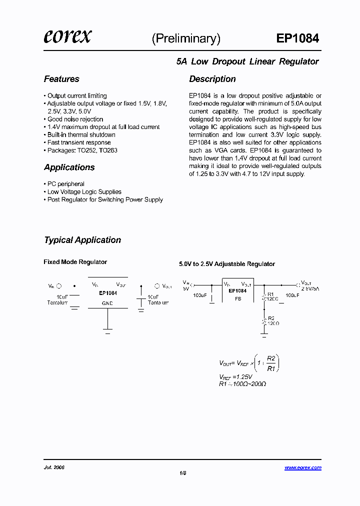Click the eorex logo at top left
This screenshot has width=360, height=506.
coord(67,37)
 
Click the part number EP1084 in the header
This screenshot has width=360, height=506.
coord(297,38)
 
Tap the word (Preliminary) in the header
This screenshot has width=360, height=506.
coord(186,38)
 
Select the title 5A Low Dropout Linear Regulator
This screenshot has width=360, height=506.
coord(247,61)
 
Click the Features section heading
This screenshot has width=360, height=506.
coord(61,79)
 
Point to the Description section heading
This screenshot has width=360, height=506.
coord(212,79)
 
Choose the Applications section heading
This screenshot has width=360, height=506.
coord(69,167)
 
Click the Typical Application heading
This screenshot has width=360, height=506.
coord(82,240)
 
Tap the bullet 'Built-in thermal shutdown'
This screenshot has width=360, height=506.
coord(81,135)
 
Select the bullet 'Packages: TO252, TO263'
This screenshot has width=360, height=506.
coord(82,150)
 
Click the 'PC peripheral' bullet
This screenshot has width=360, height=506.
coord(65,184)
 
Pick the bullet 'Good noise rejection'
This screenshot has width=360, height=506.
coord(75,119)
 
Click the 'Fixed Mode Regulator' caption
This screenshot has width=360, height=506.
coord(75,262)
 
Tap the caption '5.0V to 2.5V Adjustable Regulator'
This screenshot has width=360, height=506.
coord(227,264)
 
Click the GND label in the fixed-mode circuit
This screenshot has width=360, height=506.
coord(107,303)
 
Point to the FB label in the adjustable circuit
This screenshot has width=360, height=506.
coord(237,298)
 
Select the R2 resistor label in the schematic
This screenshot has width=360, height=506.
coord(271,318)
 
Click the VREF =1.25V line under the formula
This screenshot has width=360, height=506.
coord(235,376)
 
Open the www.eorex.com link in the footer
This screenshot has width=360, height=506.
coord(303,468)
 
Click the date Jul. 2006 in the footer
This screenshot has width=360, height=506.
coord(54,467)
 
